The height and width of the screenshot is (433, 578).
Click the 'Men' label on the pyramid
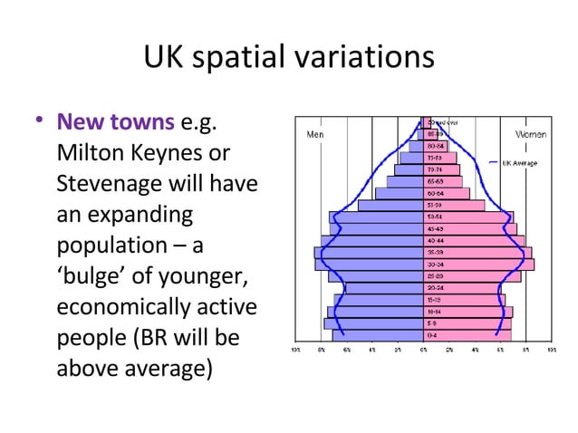pyautogui.click(x=316, y=134)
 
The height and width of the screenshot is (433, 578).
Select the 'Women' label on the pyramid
pyautogui.click(x=531, y=134)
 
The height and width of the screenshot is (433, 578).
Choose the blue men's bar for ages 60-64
pyautogui.click(x=399, y=194)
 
